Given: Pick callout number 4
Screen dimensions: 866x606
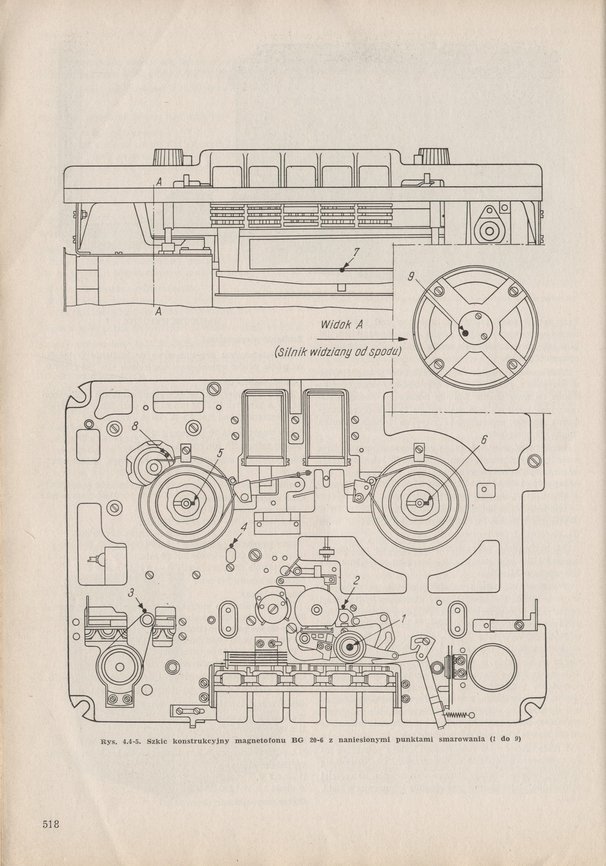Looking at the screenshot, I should [245, 527].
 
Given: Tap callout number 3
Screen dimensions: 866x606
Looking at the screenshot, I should [132, 592].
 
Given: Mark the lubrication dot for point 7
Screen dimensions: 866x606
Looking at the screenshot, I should [342, 268].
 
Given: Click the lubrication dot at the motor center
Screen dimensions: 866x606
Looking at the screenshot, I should [465, 332].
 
